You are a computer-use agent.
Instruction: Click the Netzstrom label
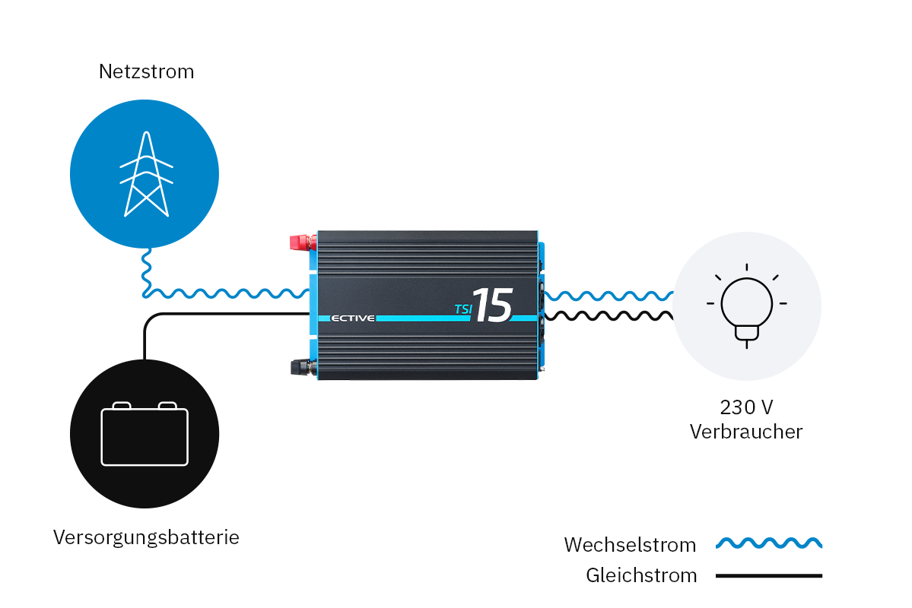146,72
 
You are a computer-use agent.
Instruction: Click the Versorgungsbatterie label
146,538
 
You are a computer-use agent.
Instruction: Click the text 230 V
746,407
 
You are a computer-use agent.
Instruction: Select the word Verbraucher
746,432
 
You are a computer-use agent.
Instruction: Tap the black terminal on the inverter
300,368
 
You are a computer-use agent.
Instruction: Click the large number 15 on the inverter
492,306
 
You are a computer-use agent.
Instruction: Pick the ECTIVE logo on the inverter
353,318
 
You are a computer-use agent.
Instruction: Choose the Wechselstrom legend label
630,545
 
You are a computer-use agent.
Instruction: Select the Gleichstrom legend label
641,575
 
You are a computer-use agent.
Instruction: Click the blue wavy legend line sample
768,543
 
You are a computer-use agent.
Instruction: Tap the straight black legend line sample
768,575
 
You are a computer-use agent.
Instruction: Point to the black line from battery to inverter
228,314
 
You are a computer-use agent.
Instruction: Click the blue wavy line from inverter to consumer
609,295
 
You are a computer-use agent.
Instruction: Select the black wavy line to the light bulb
609,315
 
